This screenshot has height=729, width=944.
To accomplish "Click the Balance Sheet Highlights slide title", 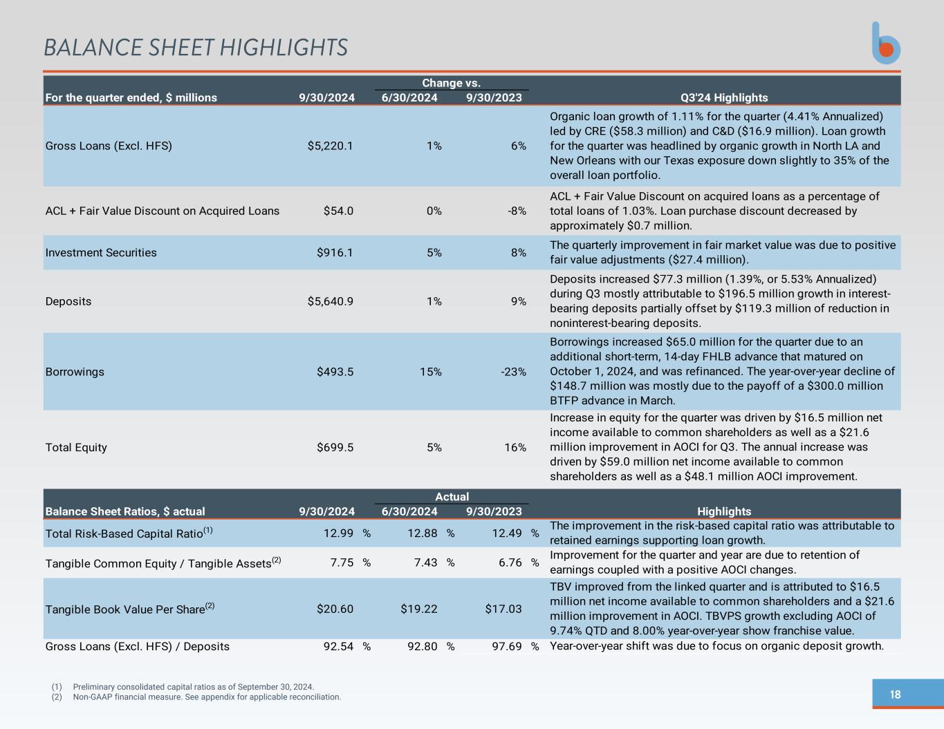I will click(196, 48).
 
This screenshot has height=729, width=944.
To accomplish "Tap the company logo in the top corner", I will click(886, 43).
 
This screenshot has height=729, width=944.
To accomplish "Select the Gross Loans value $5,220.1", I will click(331, 146).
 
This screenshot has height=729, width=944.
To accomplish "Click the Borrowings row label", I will click(75, 372).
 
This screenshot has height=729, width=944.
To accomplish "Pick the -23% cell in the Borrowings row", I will click(513, 372).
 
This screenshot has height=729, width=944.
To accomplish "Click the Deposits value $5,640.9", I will click(331, 301).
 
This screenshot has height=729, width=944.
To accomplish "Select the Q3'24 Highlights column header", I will click(724, 97).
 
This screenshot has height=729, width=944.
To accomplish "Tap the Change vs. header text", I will click(451, 83).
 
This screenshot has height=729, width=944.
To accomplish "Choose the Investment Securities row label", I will click(101, 252).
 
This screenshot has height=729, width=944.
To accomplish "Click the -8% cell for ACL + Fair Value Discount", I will click(517, 211).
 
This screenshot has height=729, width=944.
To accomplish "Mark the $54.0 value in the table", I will click(338, 211).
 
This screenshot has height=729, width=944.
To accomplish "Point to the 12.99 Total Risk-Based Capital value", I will click(338, 533).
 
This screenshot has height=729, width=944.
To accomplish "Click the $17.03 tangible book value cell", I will click(503, 609).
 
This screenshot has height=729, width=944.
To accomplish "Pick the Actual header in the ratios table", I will click(452, 497).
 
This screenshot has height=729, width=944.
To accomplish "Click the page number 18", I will click(895, 694).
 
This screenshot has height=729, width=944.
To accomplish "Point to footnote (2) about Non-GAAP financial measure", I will click(196, 697).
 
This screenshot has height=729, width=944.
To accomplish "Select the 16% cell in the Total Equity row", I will click(515, 447).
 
